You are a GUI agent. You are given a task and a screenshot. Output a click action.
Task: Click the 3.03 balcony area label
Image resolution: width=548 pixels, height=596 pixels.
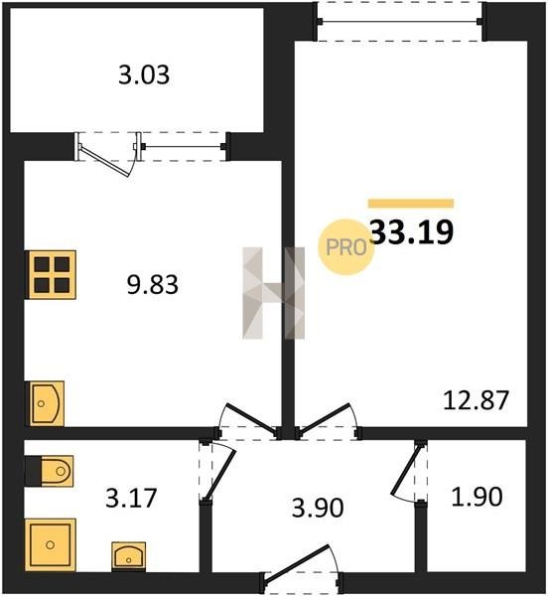pyautogui.click(x=144, y=74)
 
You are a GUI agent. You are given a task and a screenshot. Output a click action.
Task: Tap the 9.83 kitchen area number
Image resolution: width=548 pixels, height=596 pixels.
pyautogui.click(x=152, y=285)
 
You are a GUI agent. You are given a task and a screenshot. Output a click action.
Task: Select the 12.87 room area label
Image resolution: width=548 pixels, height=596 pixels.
pyautogui.click(x=476, y=400)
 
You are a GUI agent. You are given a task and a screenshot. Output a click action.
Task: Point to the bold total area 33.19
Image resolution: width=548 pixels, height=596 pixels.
pyautogui.click(x=411, y=231)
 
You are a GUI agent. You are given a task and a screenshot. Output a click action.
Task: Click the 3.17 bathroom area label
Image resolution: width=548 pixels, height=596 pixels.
pyautogui.click(x=131, y=498)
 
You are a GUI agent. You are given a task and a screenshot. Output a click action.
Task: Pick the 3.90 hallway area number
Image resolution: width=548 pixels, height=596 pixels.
pyautogui.click(x=318, y=508)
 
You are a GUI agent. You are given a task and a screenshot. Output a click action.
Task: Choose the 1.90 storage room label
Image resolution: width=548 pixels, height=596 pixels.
pyautogui.click(x=477, y=497)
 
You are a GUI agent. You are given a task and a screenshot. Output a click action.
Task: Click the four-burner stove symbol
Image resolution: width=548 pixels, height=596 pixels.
pyautogui.click(x=51, y=274)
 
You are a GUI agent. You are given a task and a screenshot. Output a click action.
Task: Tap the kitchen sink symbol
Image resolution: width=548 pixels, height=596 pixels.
pyautogui.click(x=45, y=403)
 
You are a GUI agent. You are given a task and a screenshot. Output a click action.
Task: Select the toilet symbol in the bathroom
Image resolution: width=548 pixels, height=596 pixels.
pyautogui.click(x=50, y=471)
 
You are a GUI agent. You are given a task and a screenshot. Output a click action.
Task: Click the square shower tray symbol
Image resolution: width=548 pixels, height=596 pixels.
pyautogui.click(x=50, y=544)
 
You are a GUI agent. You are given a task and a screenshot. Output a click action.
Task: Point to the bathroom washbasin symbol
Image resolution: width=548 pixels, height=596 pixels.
pyautogui.click(x=129, y=556)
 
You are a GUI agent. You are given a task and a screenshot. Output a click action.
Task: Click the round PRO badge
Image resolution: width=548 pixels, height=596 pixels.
pyautogui.click(x=345, y=247)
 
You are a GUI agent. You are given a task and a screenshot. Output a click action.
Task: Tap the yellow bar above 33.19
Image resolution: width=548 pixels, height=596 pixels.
pyautogui.click(x=411, y=204)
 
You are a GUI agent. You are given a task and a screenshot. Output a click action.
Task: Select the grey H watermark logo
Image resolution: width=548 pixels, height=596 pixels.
pyautogui.click(x=274, y=293)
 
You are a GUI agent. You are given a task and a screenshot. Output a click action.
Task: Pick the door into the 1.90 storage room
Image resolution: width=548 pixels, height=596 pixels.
pyautogui.click(x=407, y=470)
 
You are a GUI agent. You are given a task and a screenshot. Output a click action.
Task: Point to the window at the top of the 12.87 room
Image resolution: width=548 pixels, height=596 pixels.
pyautogui.click(x=400, y=21)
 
